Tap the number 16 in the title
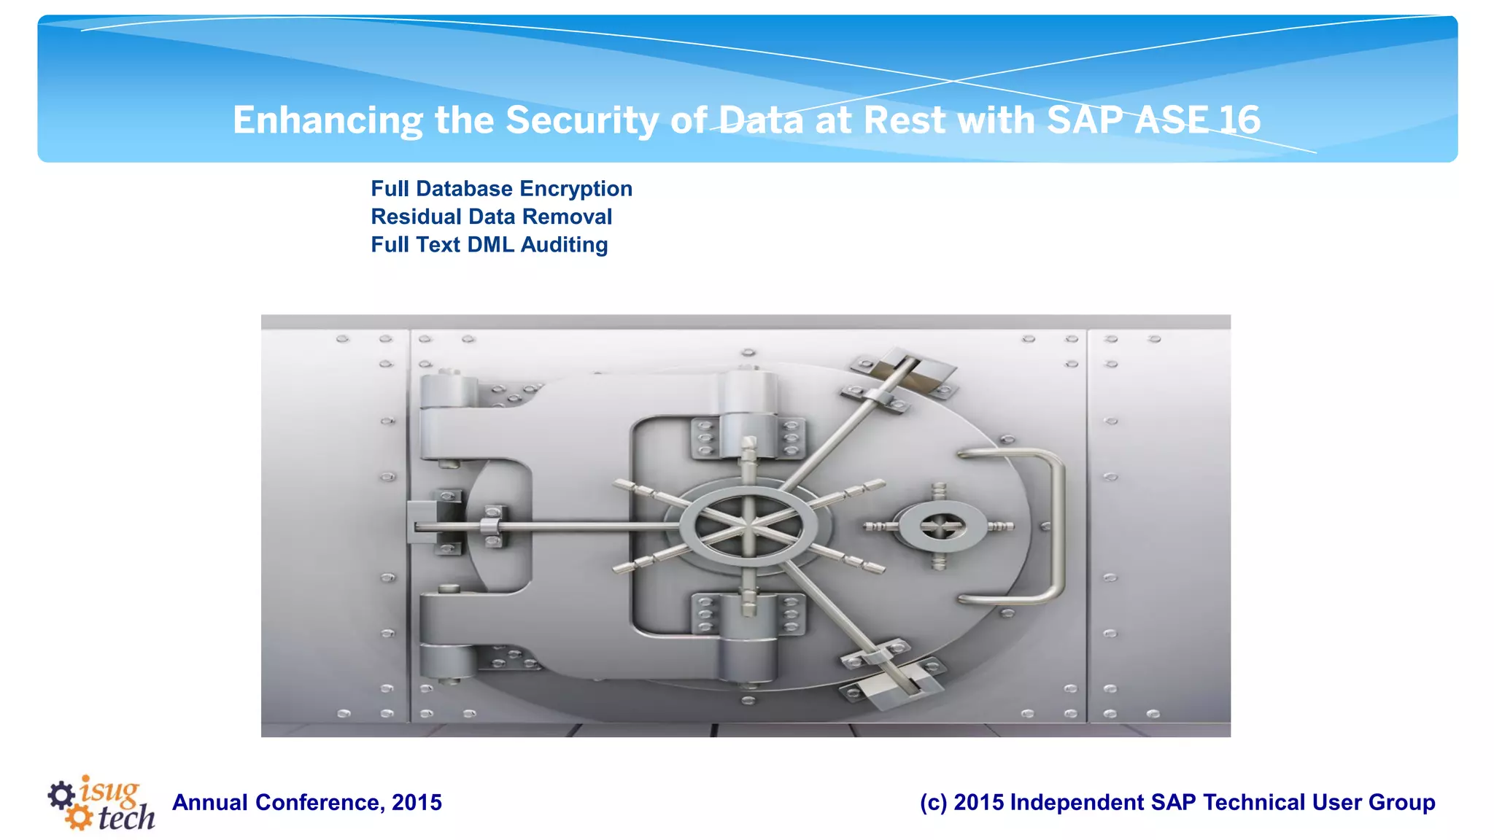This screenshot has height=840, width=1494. click(1238, 120)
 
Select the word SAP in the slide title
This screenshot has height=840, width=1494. click(1085, 120)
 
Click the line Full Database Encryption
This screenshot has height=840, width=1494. click(501, 189)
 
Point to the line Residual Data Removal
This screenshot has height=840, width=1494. click(491, 217)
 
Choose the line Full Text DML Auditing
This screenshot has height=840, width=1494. click(489, 244)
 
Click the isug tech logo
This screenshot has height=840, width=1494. click(102, 804)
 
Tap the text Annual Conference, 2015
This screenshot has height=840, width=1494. click(307, 803)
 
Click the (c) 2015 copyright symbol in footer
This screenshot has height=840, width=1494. click(933, 803)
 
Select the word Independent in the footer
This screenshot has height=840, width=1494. click(1077, 803)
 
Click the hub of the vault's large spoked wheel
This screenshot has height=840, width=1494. click(749, 525)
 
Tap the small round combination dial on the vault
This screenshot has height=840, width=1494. click(940, 526)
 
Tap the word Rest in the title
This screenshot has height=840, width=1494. click(905, 120)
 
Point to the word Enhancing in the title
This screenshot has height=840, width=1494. click(328, 120)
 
